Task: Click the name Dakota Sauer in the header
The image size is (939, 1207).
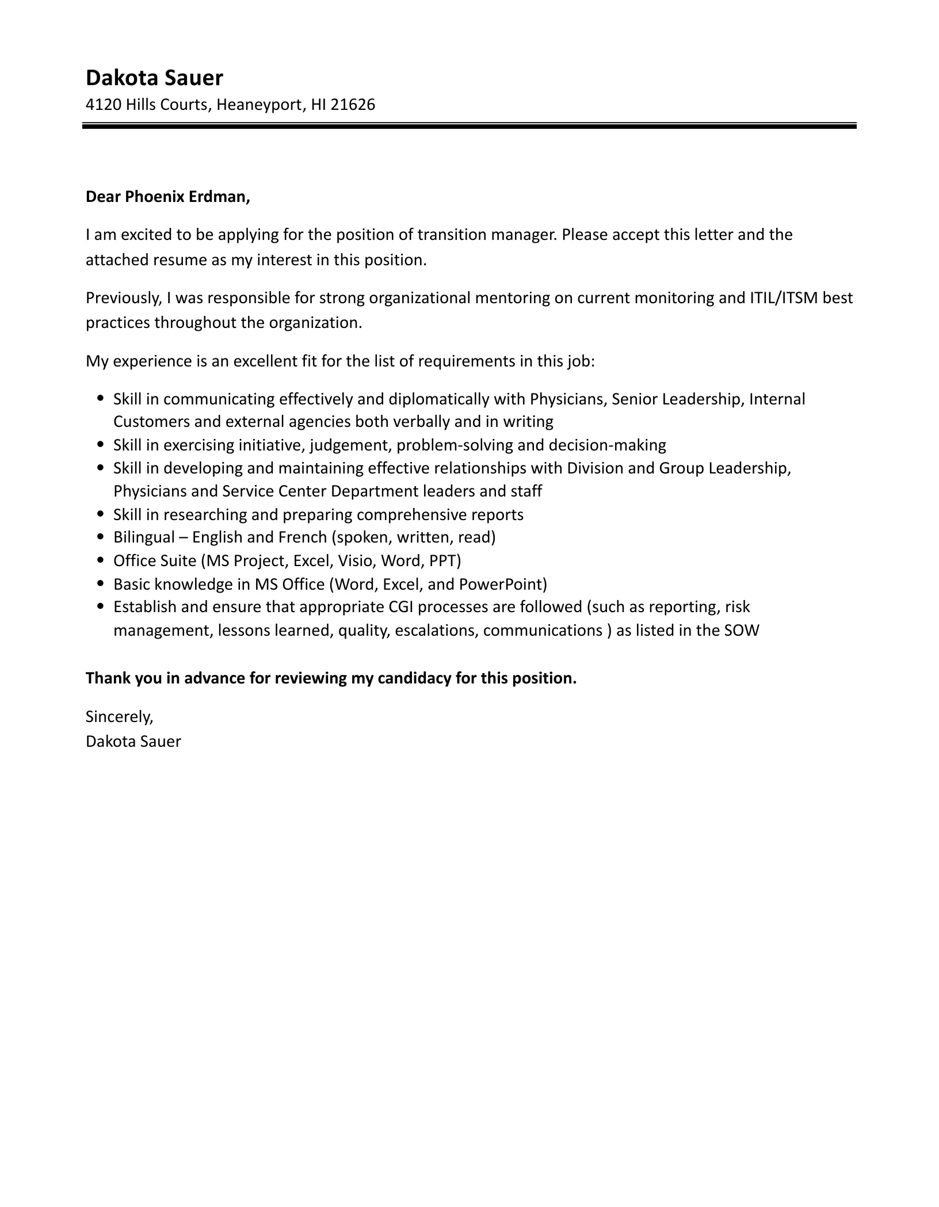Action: point(154,78)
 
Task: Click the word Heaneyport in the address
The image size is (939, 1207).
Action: point(259,105)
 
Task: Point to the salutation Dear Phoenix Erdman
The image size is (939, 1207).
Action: point(168,197)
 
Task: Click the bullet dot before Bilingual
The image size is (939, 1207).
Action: point(101,537)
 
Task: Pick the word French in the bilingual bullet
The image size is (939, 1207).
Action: point(303,537)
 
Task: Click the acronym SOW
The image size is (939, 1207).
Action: point(742,631)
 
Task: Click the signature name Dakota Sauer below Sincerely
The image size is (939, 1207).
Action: point(133,742)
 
